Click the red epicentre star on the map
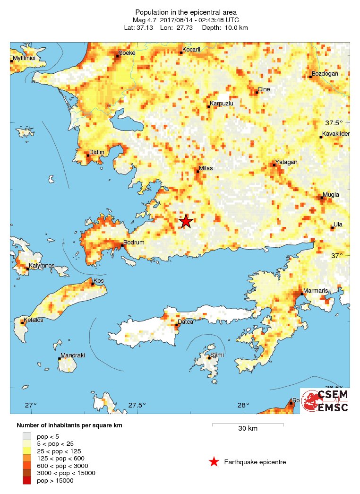tap(186, 221)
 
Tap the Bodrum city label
tap(135, 243)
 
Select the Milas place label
tap(206, 168)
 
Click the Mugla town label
tap(331, 195)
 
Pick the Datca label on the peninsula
tap(185, 322)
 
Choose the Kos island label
tap(99, 281)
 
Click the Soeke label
tap(127, 53)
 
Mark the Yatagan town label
tap(286, 162)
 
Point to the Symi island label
tap(217, 355)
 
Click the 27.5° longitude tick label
tap(137, 405)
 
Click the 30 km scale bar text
tap(247, 428)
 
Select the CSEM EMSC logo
tap(325, 401)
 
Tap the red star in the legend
tap(214, 462)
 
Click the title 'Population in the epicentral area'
tap(186, 12)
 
